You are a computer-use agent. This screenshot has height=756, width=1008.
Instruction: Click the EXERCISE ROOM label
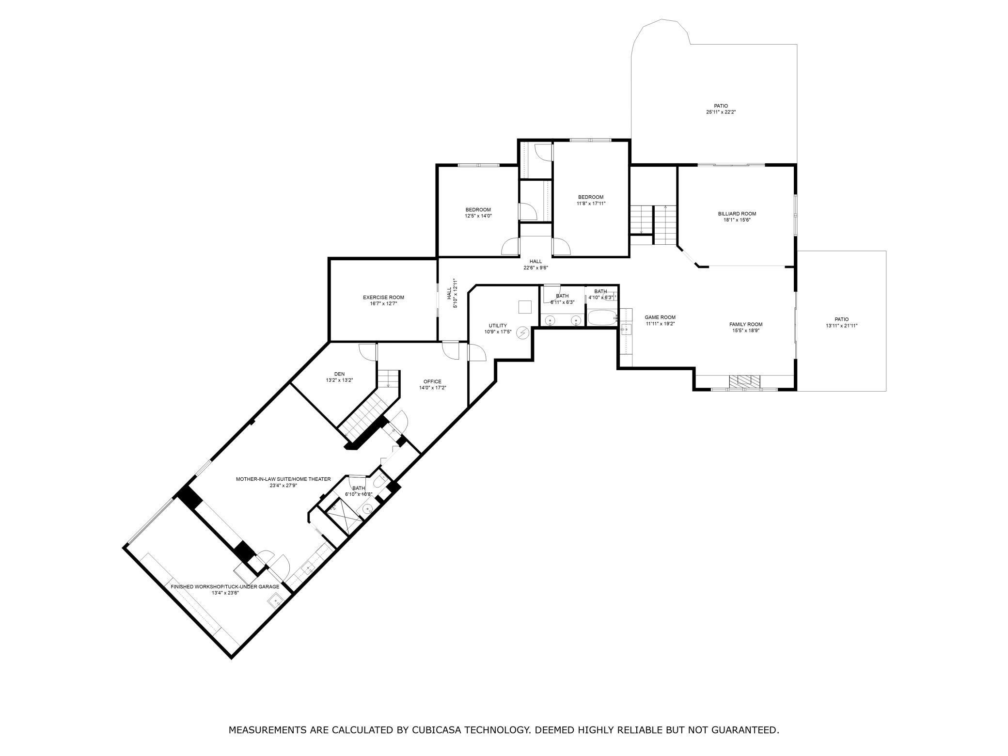click(383, 298)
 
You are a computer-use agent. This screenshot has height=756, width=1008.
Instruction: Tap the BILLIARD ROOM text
click(737, 214)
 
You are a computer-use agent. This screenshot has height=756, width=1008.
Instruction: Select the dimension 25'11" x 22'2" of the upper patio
click(721, 112)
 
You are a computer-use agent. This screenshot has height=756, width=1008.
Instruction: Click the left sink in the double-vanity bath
click(551, 320)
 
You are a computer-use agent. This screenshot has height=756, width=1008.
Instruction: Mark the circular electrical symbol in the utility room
click(522, 332)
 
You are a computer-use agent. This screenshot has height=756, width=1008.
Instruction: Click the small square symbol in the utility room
click(525, 307)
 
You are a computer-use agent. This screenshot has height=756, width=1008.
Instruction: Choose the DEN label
click(339, 374)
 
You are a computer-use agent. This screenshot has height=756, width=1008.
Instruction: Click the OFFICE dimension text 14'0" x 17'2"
click(432, 388)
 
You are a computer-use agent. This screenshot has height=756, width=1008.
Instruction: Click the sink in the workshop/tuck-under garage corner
click(275, 600)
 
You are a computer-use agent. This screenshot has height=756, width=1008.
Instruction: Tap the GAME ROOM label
click(660, 317)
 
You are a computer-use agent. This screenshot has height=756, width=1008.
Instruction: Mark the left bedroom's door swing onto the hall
click(510, 247)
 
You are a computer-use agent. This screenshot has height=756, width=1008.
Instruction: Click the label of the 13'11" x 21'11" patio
click(842, 319)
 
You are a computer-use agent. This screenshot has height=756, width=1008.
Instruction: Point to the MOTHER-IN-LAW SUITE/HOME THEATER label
click(283, 479)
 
